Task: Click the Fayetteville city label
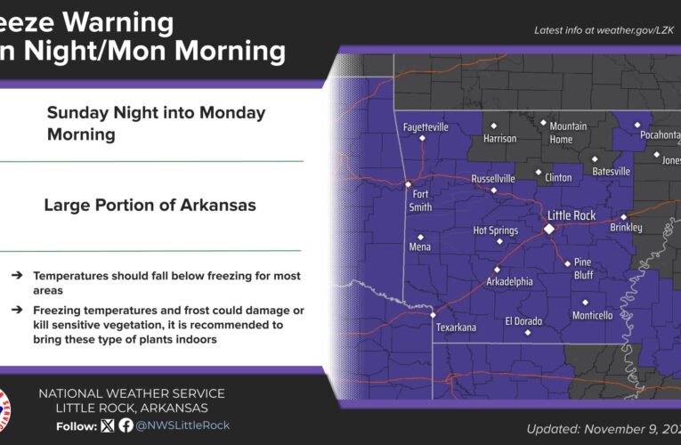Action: pos(426,127)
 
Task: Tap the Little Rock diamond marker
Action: pos(549,229)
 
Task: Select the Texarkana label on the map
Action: pos(456,328)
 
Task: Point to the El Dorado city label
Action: pos(523,320)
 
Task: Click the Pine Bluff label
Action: pos(582,268)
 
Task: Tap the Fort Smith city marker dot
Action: pos(408,185)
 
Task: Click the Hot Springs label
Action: pos(495,231)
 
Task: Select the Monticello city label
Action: pos(592,315)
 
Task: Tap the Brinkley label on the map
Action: pos(626,228)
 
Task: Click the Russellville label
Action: pos(493,178)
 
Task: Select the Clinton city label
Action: pos(558,177)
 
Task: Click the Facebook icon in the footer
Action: pos(126,425)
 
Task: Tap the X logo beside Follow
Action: pos(109,425)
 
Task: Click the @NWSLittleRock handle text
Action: pos(182,425)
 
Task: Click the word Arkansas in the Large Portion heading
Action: pos(212,205)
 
